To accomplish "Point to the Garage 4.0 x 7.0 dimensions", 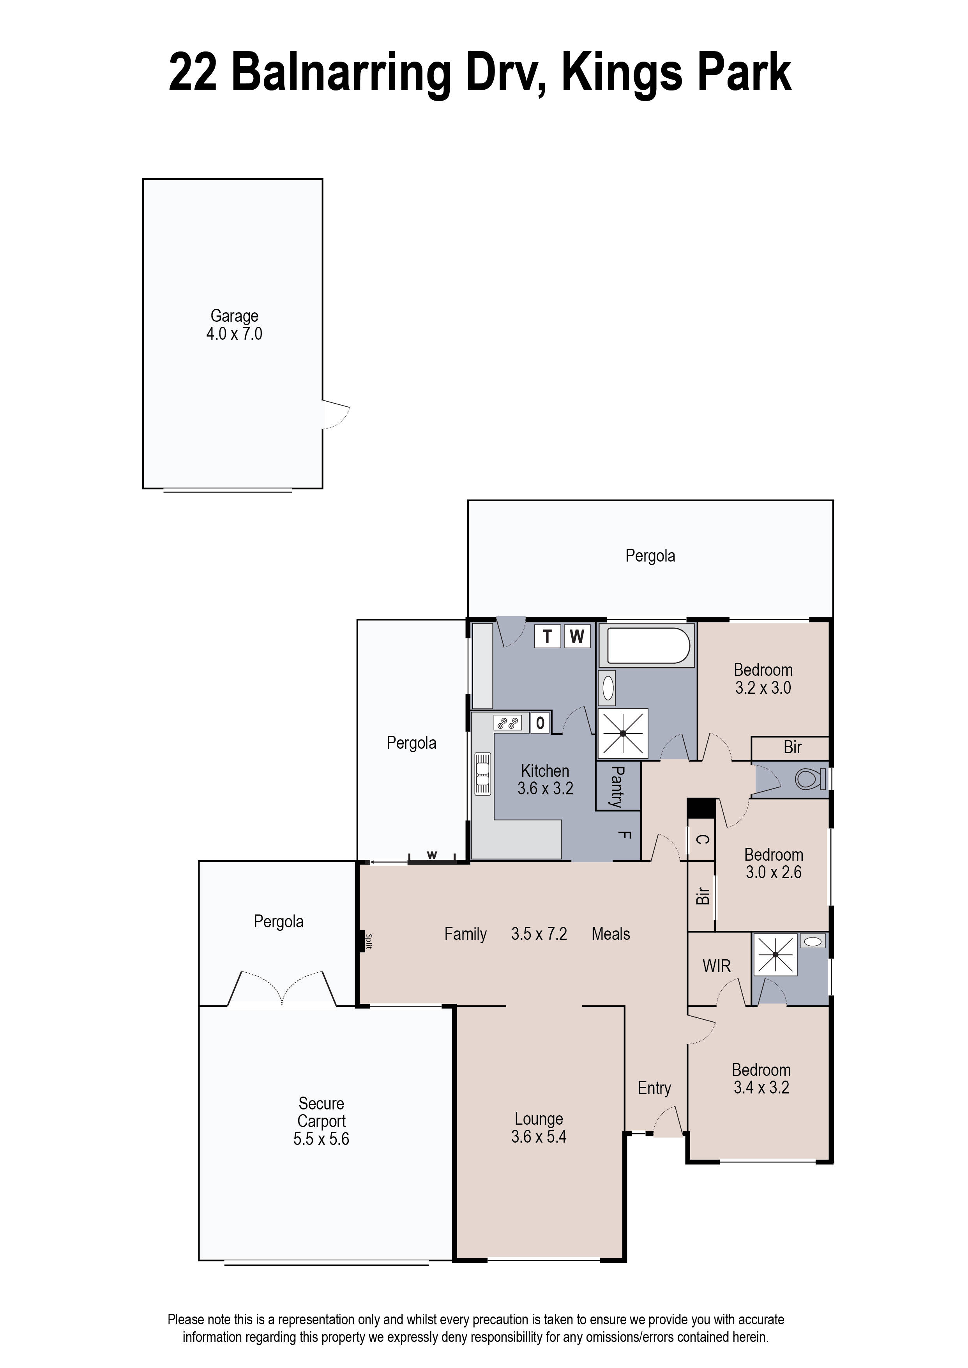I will coord(234,334).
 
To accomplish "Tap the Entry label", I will coord(654,1088).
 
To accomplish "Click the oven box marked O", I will coord(540,723).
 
